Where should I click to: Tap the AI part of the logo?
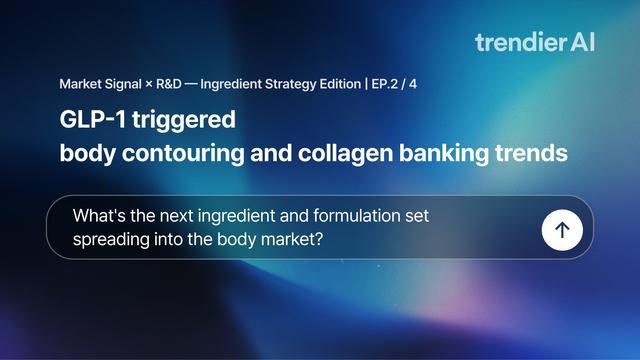[x=582, y=42]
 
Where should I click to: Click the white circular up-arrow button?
[x=562, y=230]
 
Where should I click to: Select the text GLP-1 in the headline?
[x=93, y=119]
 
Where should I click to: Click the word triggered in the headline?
[x=184, y=121]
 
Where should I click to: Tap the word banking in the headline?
[x=444, y=154]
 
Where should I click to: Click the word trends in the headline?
[x=531, y=153]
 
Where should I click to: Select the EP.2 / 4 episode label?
[x=394, y=84]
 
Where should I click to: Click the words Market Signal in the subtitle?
[x=100, y=84]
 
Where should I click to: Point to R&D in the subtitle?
[x=169, y=84]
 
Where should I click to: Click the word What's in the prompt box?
[x=99, y=216]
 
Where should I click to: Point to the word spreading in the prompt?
[x=111, y=240]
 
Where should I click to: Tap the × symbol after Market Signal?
[x=149, y=84]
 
